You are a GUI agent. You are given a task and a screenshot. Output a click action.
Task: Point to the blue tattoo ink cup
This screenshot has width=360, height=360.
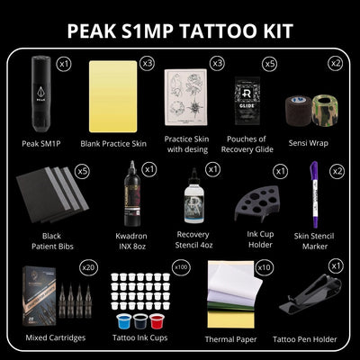[125, 321]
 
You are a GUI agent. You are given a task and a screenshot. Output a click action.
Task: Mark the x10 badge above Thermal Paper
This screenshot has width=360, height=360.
[263, 267]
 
